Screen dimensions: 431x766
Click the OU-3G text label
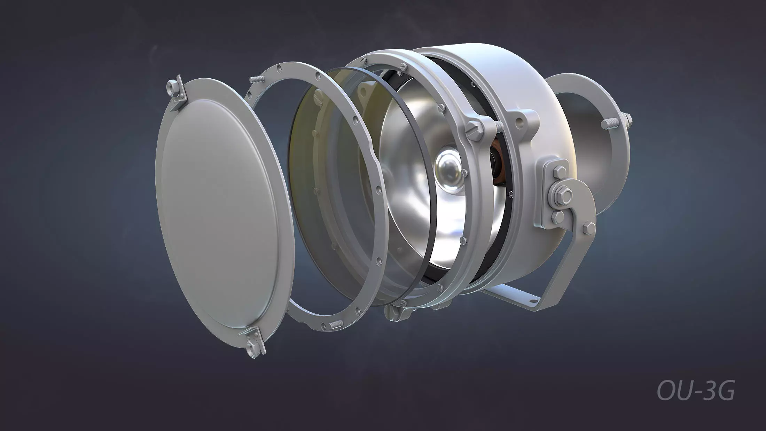coord(696,391)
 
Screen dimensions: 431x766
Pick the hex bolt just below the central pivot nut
coord(558,217)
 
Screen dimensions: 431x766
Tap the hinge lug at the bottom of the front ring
coord(397,311)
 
